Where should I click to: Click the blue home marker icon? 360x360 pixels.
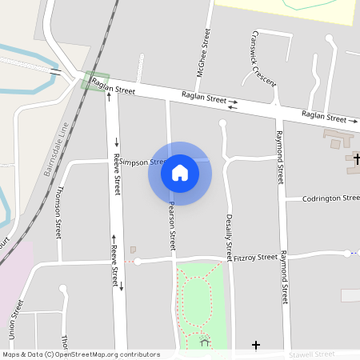180,172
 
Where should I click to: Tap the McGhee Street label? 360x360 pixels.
204,50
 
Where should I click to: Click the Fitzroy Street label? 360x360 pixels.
255,258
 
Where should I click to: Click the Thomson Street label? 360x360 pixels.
58,212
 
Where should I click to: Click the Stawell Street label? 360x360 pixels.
313,354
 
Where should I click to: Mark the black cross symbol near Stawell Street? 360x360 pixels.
256,345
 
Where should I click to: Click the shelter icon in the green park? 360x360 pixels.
205,343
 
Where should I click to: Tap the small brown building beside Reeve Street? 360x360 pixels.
133,250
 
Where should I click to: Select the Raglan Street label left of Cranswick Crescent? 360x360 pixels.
205,98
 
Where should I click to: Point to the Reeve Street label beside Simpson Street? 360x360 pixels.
117,174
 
